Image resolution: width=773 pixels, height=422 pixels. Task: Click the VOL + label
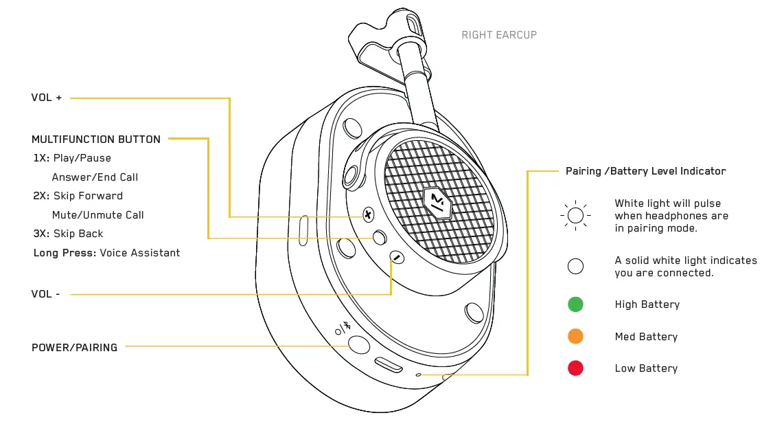pyautogui.click(x=47, y=98)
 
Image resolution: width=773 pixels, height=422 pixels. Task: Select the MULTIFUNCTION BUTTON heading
pyautogui.click(x=96, y=140)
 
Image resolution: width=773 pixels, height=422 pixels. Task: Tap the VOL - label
pyautogui.click(x=45, y=294)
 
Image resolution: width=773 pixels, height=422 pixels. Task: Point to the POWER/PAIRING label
pyautogui.click(x=74, y=348)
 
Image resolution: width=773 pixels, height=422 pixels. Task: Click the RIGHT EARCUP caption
pyautogui.click(x=499, y=35)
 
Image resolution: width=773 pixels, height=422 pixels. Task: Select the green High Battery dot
pyautogui.click(x=575, y=304)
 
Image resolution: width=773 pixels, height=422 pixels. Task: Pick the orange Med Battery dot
pyautogui.click(x=575, y=337)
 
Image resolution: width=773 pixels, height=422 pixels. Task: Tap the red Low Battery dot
pyautogui.click(x=575, y=368)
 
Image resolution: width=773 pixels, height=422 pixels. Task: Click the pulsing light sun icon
pyautogui.click(x=575, y=216)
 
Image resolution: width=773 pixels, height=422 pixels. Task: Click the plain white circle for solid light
pyautogui.click(x=575, y=267)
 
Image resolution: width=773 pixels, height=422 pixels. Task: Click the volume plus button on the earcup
pyautogui.click(x=368, y=216)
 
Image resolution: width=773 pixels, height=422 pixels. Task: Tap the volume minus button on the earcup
pyautogui.click(x=396, y=258)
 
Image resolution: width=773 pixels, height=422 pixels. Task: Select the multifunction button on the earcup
pyautogui.click(x=380, y=237)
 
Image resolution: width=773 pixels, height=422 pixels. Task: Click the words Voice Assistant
pyautogui.click(x=140, y=253)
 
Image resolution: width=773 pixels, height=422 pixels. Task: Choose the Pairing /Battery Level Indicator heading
pyautogui.click(x=645, y=171)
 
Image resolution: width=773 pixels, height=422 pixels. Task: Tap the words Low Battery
pyautogui.click(x=646, y=369)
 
